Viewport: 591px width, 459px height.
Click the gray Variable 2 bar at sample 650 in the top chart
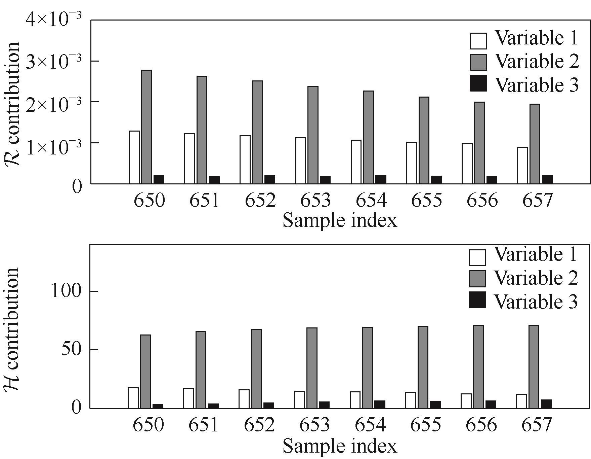146,127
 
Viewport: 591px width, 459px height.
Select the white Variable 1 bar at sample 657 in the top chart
522,165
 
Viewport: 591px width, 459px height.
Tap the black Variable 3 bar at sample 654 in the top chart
381,179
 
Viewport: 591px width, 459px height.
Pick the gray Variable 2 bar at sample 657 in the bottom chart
534,366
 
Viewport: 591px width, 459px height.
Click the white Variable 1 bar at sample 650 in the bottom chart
133,398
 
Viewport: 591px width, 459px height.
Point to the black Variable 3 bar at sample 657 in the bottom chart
546,404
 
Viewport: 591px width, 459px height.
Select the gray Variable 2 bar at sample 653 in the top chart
312,135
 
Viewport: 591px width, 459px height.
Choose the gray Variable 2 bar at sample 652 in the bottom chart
256,368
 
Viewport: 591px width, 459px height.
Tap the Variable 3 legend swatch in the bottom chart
477,300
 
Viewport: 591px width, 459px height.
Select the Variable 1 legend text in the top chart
537,38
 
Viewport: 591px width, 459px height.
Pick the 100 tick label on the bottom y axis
66,291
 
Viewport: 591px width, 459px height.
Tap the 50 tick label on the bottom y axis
71,350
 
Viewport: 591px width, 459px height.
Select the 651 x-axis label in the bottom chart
203,425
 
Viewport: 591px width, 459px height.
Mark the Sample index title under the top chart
340,221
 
